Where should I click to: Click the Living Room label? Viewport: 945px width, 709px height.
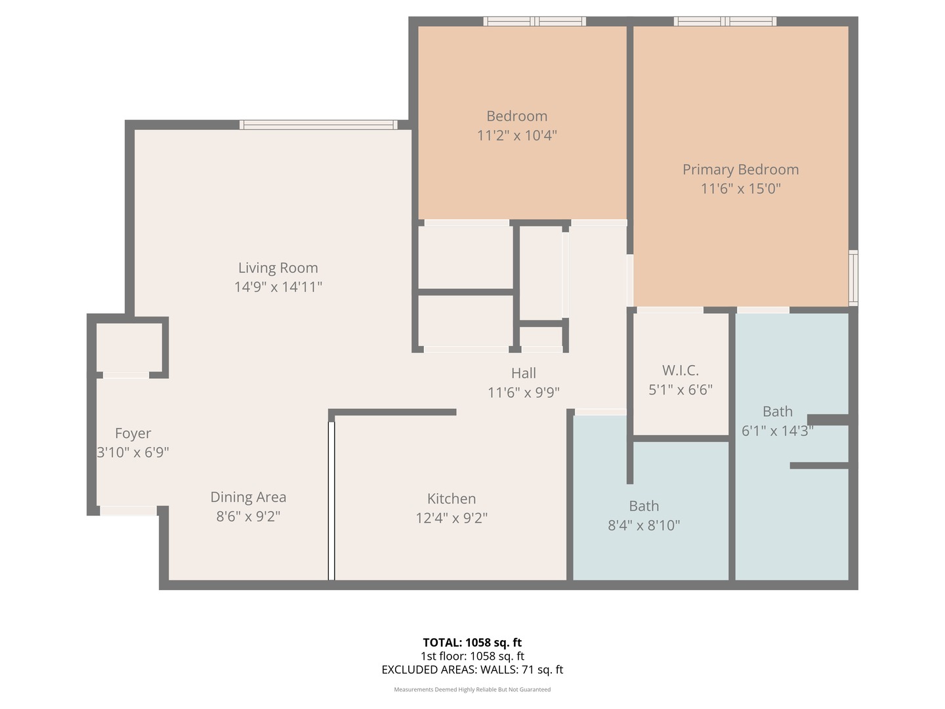click(x=278, y=268)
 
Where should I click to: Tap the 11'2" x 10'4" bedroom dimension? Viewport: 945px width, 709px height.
click(x=516, y=136)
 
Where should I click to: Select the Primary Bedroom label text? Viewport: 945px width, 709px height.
click(x=740, y=169)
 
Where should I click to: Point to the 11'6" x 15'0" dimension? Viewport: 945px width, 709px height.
click(x=740, y=189)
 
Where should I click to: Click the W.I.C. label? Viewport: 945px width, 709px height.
click(x=680, y=370)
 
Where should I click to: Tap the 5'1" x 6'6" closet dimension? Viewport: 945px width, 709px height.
click(x=680, y=390)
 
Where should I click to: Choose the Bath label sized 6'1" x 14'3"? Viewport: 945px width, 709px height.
click(x=777, y=412)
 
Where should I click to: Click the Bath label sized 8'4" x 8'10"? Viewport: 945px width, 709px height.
click(x=643, y=506)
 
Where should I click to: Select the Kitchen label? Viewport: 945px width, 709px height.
click(x=451, y=499)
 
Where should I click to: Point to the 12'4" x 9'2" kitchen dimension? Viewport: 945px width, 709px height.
click(x=451, y=518)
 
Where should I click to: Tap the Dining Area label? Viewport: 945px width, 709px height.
click(x=248, y=497)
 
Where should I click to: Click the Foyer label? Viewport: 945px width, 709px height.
click(x=133, y=433)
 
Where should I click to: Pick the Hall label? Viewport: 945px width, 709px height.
click(x=523, y=373)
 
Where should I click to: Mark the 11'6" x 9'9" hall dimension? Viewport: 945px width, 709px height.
click(x=523, y=393)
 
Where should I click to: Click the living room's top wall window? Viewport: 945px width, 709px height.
click(x=318, y=125)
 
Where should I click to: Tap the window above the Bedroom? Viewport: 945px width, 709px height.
click(x=534, y=22)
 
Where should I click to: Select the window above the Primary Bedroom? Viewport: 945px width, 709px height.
click(x=724, y=22)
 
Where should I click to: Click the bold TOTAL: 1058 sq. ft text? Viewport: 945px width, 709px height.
click(x=472, y=643)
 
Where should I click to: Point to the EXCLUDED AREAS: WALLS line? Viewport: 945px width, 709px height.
click(x=472, y=670)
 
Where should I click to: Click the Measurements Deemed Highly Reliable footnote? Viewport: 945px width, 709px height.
click(x=472, y=689)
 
